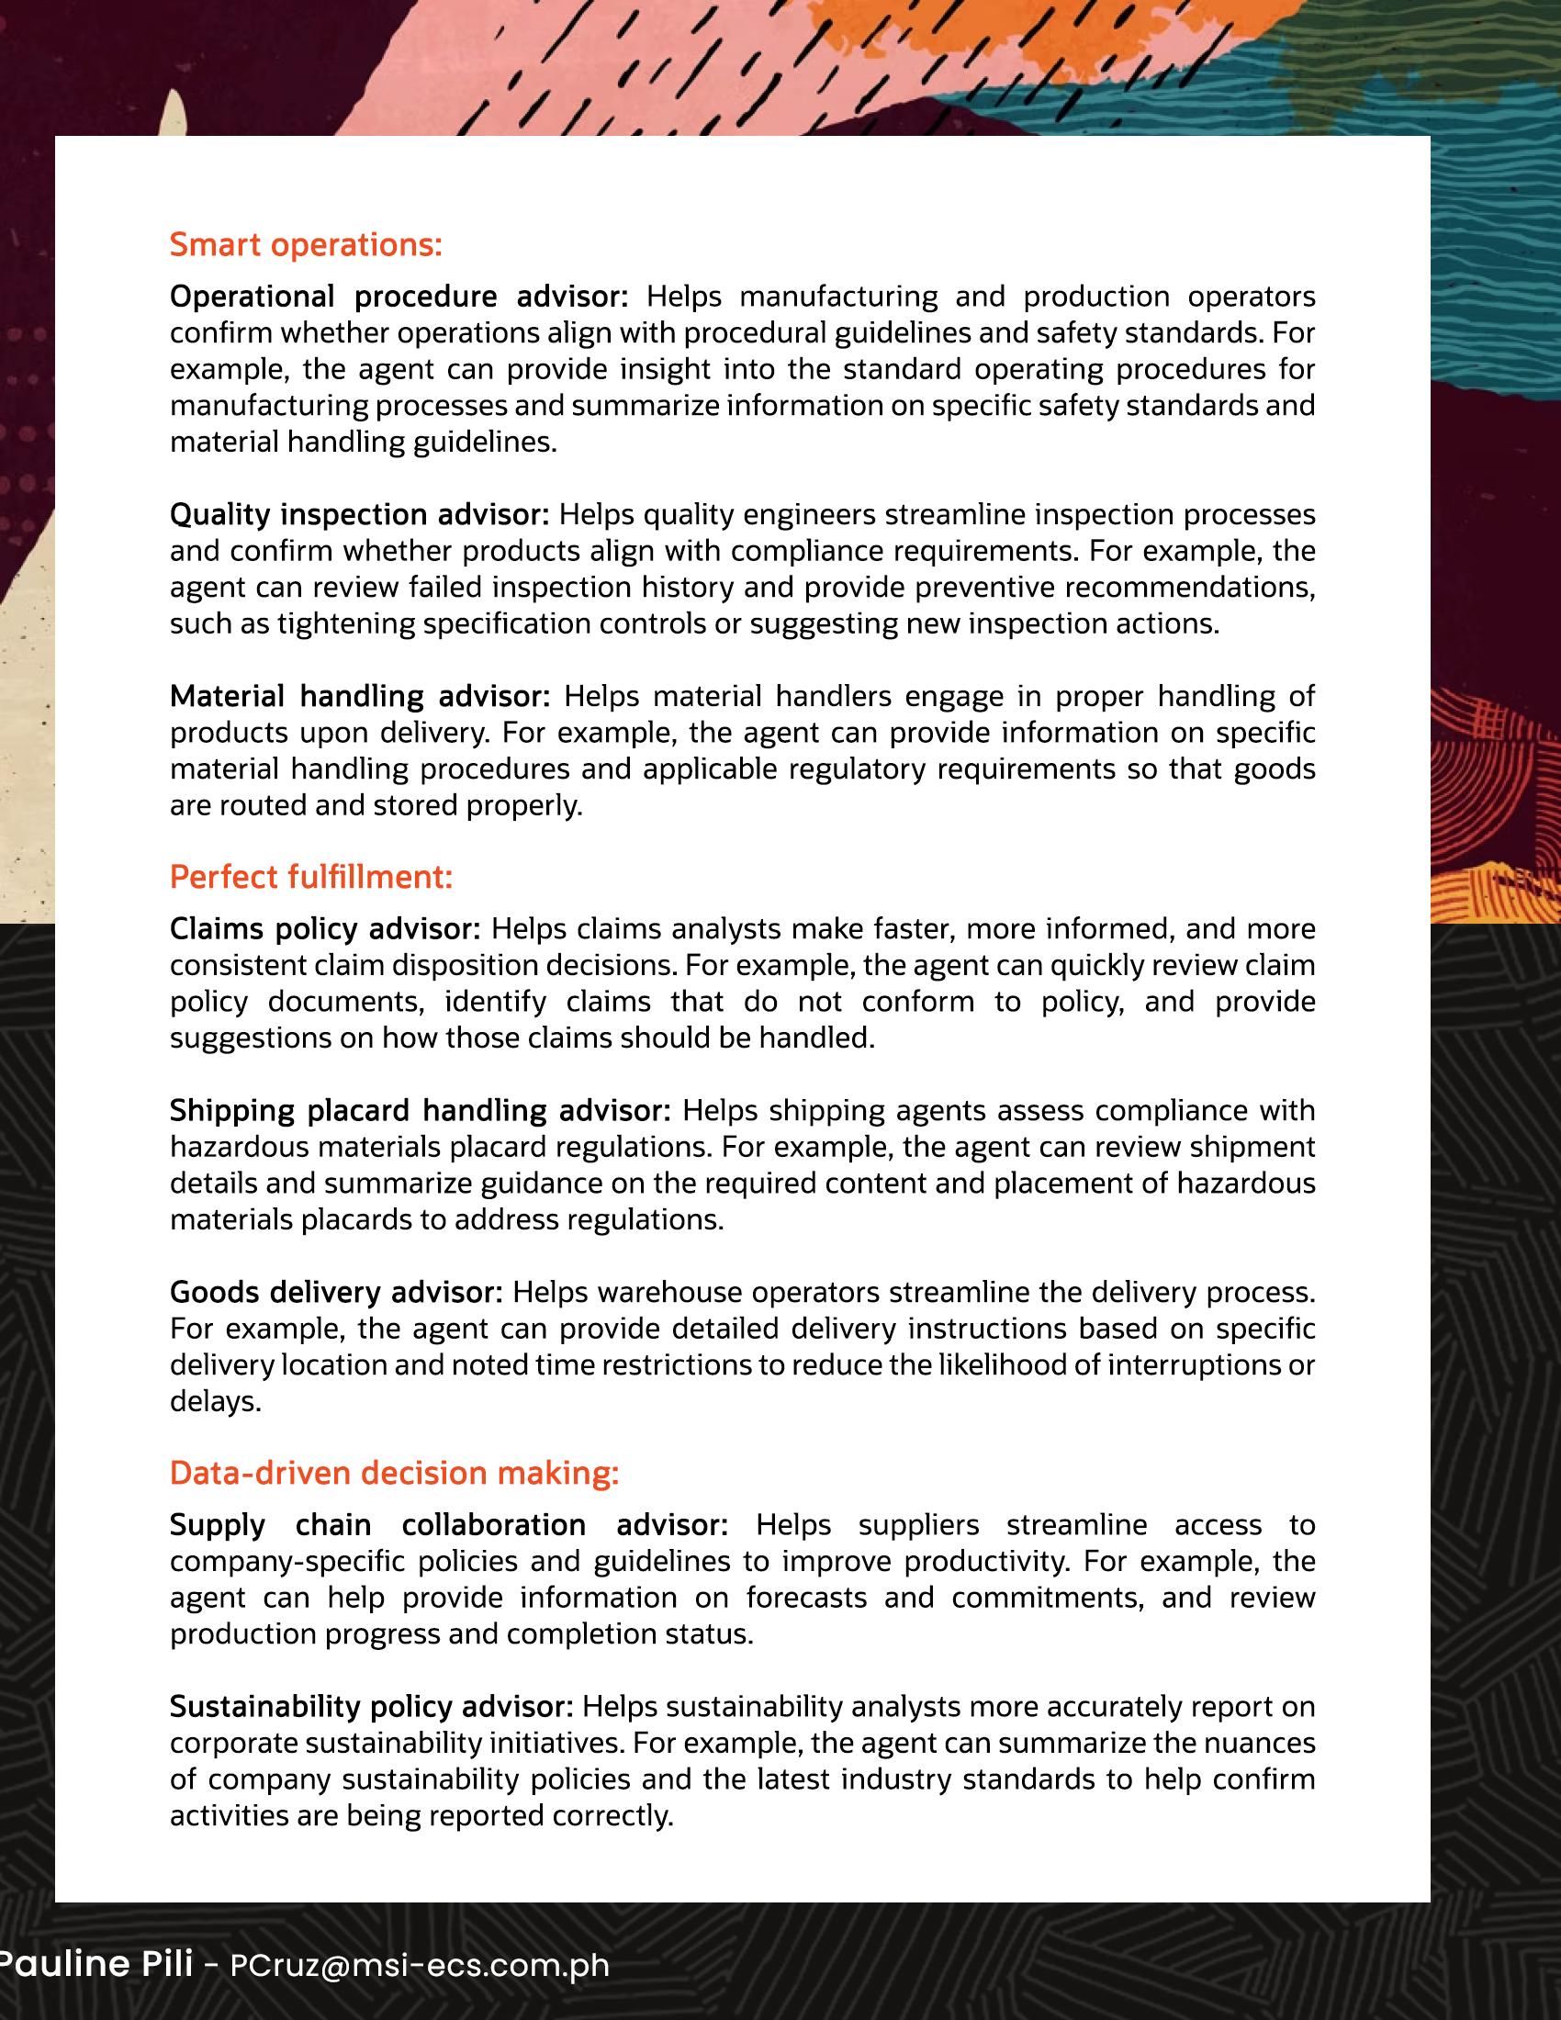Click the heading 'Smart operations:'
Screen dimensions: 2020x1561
(x=306, y=246)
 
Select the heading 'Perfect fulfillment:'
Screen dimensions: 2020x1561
(x=310, y=877)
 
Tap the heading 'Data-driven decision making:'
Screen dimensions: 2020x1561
(x=394, y=1473)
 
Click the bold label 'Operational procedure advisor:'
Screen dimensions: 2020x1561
(x=399, y=297)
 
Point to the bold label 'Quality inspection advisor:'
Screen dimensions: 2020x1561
(x=360, y=514)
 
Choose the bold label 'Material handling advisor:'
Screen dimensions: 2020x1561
(x=360, y=696)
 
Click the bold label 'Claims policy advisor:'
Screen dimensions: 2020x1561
(x=326, y=928)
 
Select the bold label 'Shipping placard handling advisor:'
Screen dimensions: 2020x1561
(x=421, y=1110)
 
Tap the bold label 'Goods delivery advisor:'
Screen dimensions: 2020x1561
(x=336, y=1291)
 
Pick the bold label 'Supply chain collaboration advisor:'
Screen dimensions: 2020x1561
(x=449, y=1524)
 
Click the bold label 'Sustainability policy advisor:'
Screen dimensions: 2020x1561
(x=372, y=1706)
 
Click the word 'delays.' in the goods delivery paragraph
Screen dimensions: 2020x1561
(x=216, y=1402)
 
